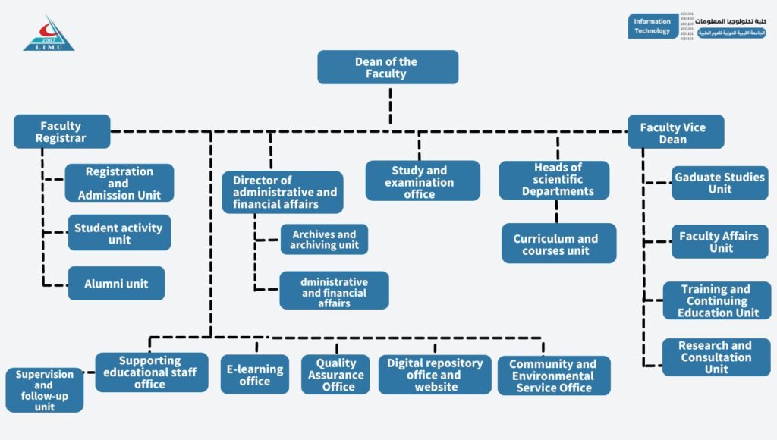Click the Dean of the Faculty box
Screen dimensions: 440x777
pyautogui.click(x=388, y=68)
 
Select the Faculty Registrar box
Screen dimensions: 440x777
pyautogui.click(x=61, y=132)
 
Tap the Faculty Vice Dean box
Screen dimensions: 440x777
pyautogui.click(x=675, y=133)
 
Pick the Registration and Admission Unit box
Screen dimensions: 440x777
pyautogui.click(x=119, y=184)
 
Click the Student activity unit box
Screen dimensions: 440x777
pyautogui.click(x=119, y=233)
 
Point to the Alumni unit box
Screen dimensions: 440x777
pyautogui.click(x=116, y=284)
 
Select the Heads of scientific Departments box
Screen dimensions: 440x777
pyautogui.click(x=554, y=180)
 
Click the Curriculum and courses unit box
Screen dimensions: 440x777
pyautogui.click(x=558, y=244)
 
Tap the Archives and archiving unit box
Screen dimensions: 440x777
pyautogui.click(x=324, y=240)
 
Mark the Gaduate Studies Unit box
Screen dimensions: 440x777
pyautogui.click(x=719, y=183)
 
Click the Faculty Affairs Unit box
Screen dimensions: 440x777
pyautogui.click(x=719, y=242)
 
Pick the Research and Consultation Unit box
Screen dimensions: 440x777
pyautogui.click(x=716, y=357)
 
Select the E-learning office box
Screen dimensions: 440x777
pyautogui.click(x=255, y=375)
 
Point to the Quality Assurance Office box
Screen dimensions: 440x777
pyautogui.click(x=335, y=375)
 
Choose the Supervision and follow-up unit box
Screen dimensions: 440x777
pyautogui.click(x=45, y=390)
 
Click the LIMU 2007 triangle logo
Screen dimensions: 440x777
pyautogui.click(x=49, y=35)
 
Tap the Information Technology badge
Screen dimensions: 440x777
pyautogui.click(x=653, y=27)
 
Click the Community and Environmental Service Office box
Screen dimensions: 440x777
pyautogui.click(x=554, y=376)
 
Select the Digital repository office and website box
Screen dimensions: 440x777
pyautogui.click(x=435, y=375)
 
